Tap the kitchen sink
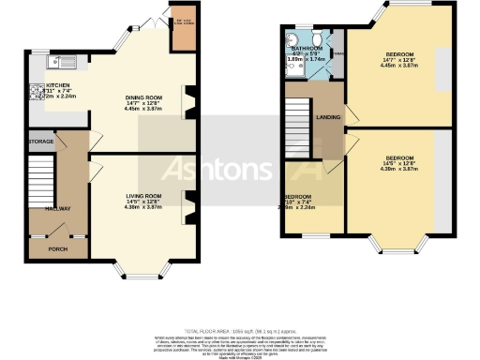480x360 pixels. tap(52, 65)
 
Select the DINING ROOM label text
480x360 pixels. tap(143, 96)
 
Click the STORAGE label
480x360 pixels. tap(41, 142)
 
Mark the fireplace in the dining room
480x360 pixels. tap(191, 101)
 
